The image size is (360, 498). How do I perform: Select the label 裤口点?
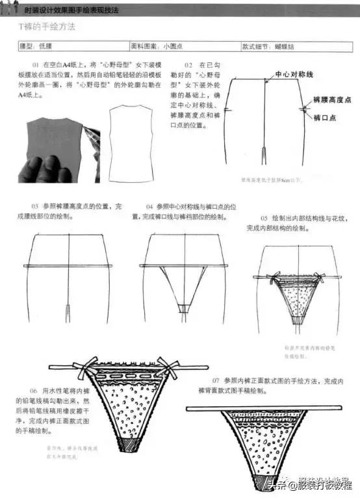(324, 118)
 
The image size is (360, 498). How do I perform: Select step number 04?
(149, 206)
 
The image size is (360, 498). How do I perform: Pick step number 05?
(264, 217)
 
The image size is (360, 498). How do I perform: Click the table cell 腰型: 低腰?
(36, 47)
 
